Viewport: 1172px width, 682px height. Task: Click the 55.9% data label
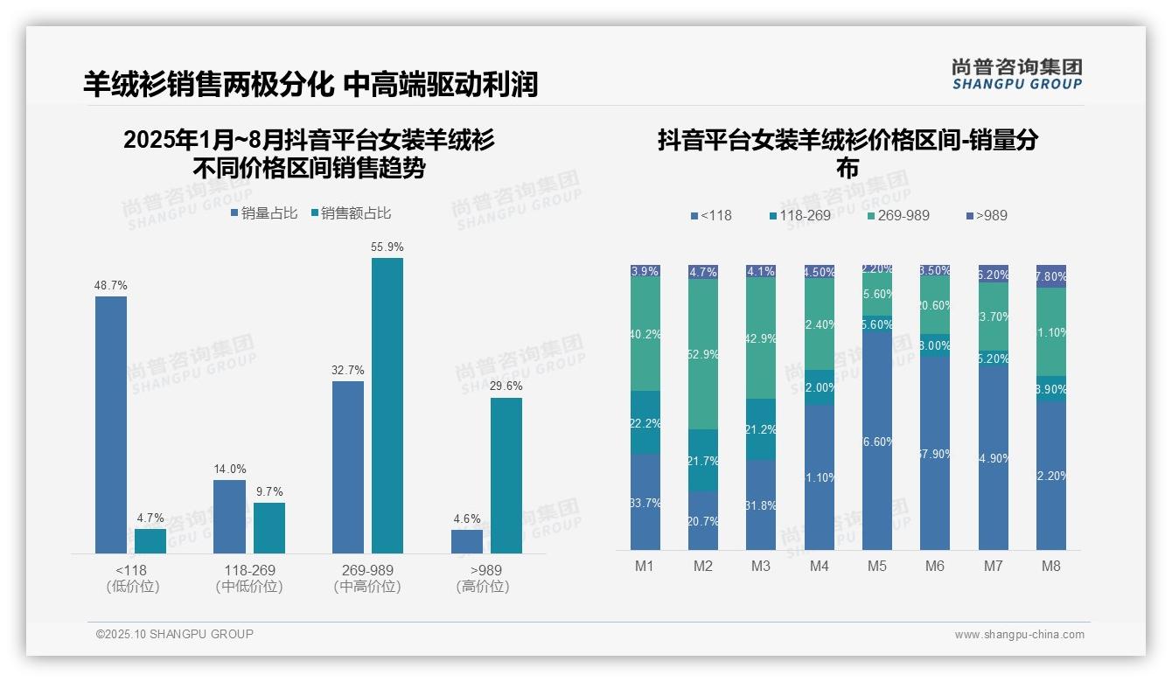click(x=387, y=247)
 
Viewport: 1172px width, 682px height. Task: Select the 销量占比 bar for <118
click(x=111, y=424)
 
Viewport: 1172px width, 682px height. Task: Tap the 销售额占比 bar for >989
click(x=506, y=476)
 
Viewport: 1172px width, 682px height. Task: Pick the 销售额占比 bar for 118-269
click(x=269, y=527)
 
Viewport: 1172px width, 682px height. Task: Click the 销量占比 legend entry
click(x=264, y=213)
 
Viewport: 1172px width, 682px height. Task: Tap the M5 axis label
click(x=877, y=566)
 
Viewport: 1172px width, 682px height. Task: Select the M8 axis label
click(x=1051, y=566)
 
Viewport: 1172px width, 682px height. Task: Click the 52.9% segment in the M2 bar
click(x=703, y=354)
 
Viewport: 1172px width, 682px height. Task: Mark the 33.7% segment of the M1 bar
click(x=645, y=502)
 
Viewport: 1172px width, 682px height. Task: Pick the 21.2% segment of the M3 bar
click(x=761, y=429)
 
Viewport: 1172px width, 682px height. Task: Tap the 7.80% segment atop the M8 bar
click(x=1051, y=276)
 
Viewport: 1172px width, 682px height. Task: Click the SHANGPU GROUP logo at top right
click(x=1017, y=74)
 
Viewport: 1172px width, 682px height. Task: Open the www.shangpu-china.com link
click(x=1019, y=635)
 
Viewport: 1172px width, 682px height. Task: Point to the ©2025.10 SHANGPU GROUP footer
click(x=175, y=634)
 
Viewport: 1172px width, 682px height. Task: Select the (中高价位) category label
click(x=367, y=587)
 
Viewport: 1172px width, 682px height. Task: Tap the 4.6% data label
click(x=467, y=518)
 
